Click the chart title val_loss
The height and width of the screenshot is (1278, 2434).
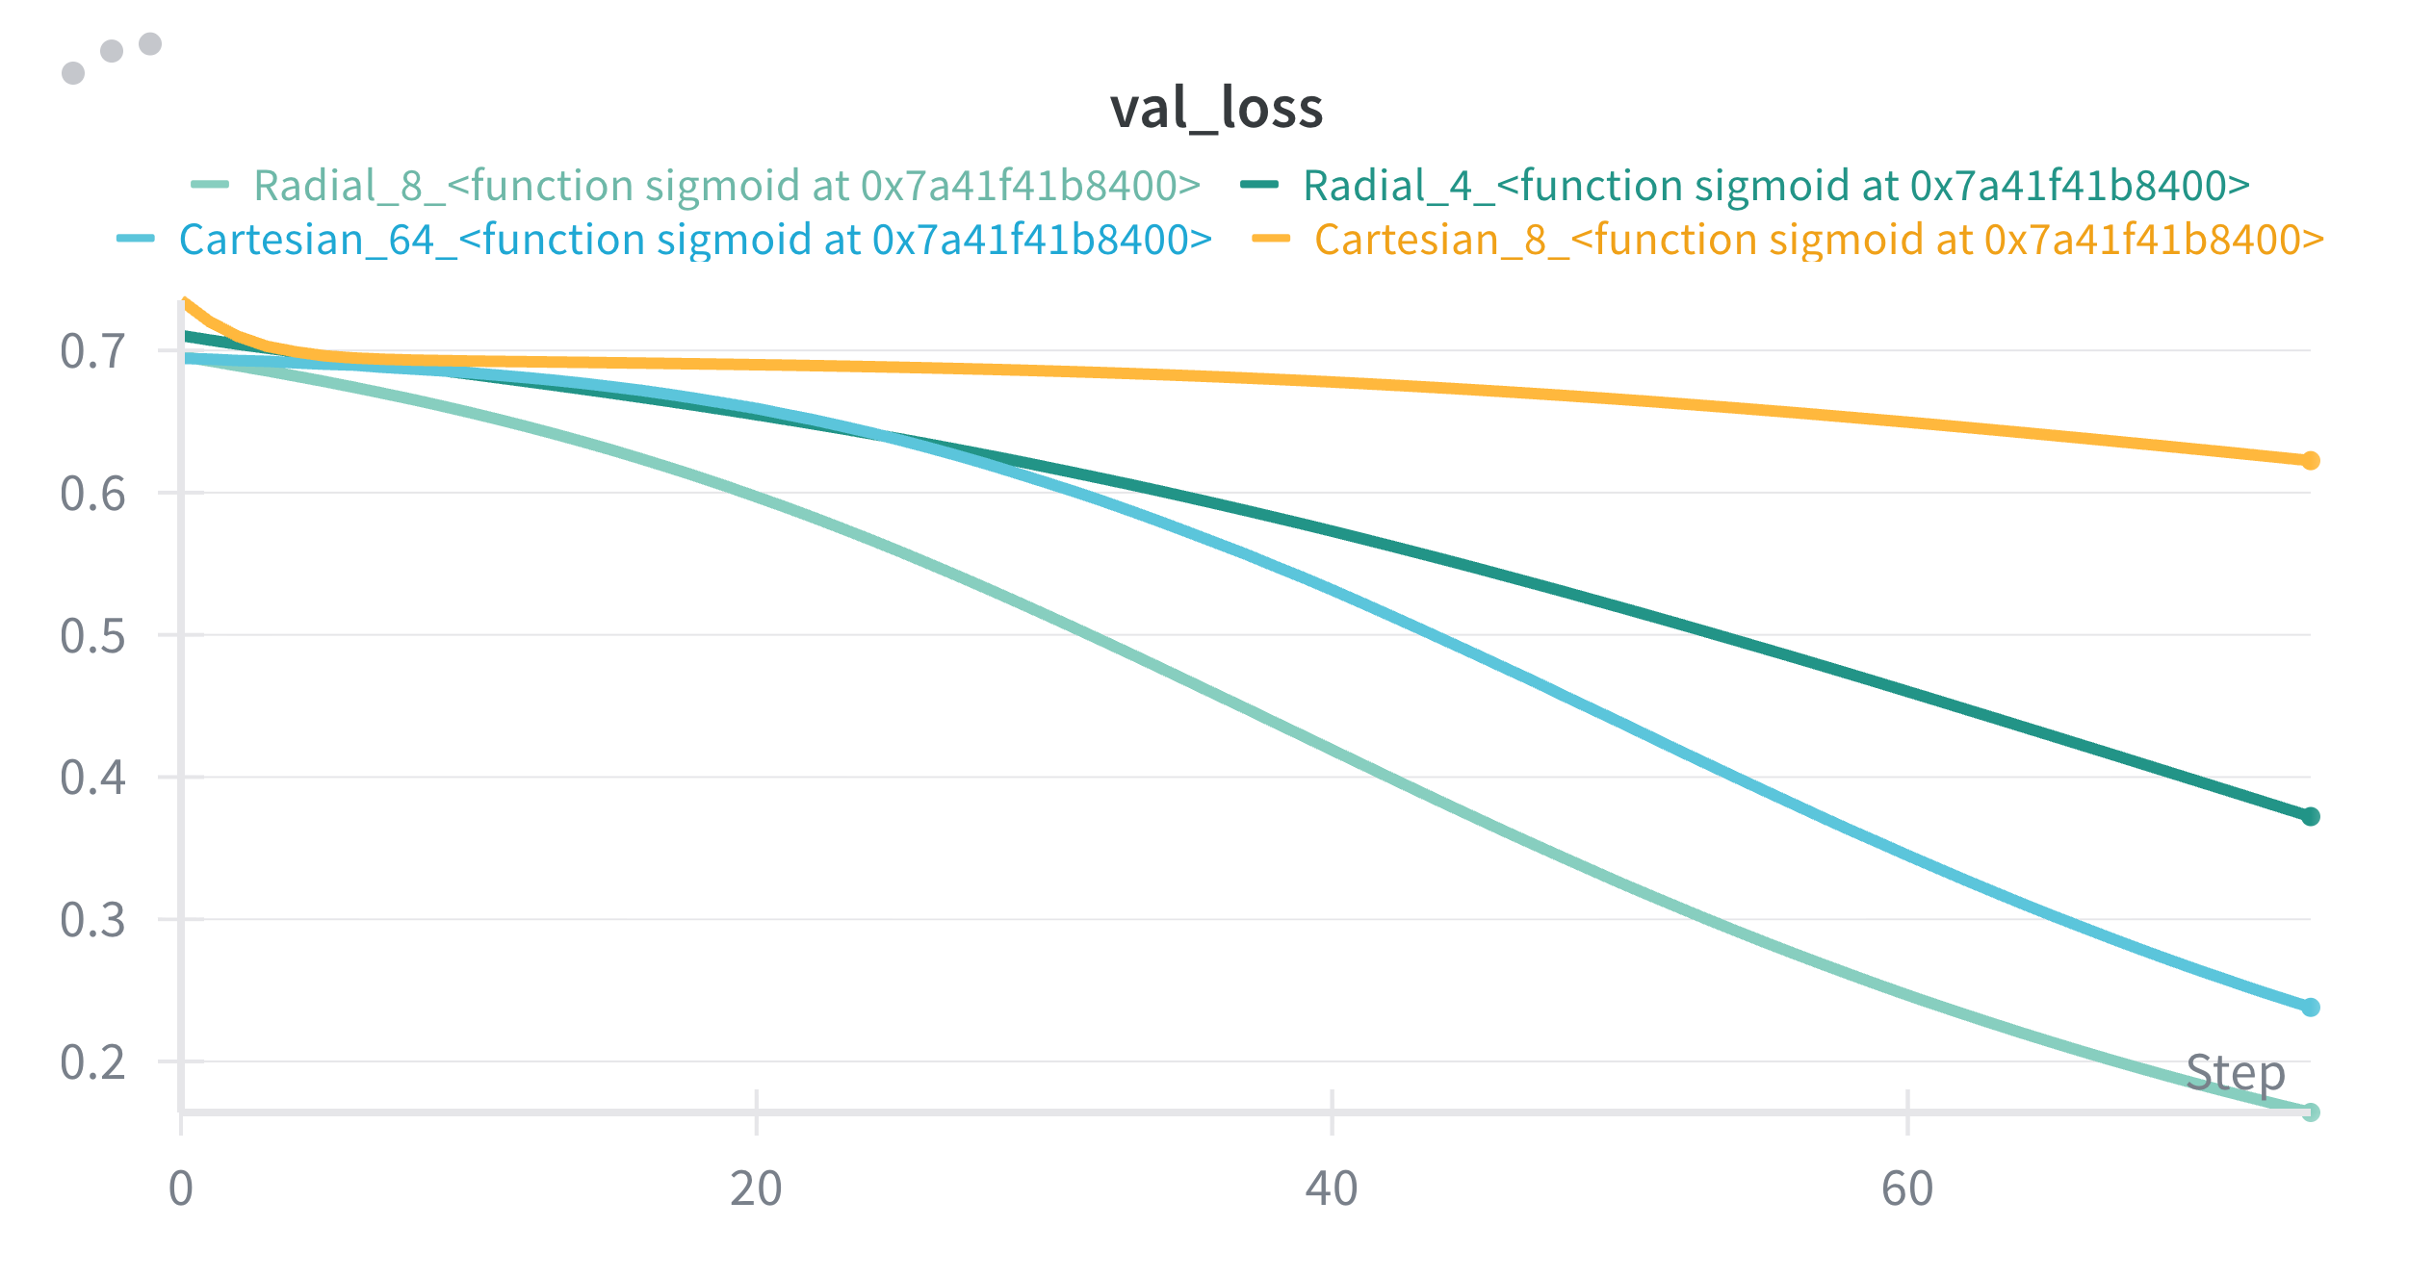pyautogui.click(x=1216, y=108)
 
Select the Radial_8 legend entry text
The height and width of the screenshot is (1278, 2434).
pyautogui.click(x=727, y=186)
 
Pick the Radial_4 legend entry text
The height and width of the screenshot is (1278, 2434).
pyautogui.click(x=1775, y=186)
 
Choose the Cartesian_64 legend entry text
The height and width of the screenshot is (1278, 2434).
pyautogui.click(x=695, y=240)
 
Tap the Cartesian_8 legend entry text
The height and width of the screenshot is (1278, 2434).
pyautogui.click(x=1819, y=240)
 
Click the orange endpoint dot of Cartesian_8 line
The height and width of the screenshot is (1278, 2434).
pyautogui.click(x=2310, y=461)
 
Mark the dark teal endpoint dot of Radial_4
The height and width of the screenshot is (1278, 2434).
pyautogui.click(x=2310, y=816)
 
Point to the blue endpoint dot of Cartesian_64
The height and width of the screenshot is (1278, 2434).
pyautogui.click(x=2310, y=1008)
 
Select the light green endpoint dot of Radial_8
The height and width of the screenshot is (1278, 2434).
pyautogui.click(x=2310, y=1112)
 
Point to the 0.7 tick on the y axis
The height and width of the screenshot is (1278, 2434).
pyautogui.click(x=92, y=351)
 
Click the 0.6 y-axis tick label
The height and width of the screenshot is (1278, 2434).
pyautogui.click(x=92, y=494)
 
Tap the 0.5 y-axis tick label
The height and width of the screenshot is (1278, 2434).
pyautogui.click(x=92, y=636)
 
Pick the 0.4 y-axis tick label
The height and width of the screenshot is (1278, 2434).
pyautogui.click(x=92, y=778)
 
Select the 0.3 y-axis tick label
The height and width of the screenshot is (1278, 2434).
pyautogui.click(x=92, y=920)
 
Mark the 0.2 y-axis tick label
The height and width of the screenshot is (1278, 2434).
pyautogui.click(x=92, y=1062)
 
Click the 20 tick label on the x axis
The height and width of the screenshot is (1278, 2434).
pyautogui.click(x=756, y=1189)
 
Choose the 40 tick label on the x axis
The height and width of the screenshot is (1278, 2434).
pyautogui.click(x=1332, y=1189)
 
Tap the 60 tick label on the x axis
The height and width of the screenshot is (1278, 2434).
pyautogui.click(x=1907, y=1189)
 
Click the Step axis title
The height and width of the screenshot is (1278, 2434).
pyautogui.click(x=2235, y=1073)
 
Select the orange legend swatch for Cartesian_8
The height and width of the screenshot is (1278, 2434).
pyautogui.click(x=1271, y=239)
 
